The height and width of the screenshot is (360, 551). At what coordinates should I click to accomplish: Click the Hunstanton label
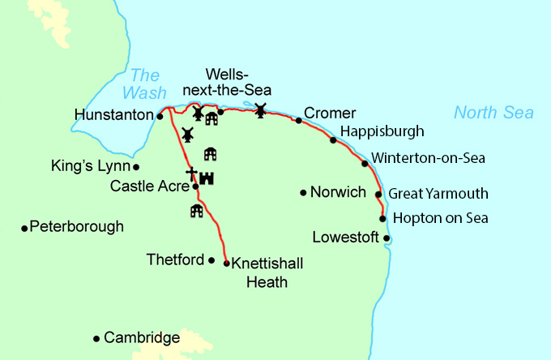click(113, 116)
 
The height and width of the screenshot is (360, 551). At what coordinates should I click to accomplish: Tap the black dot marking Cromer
click(299, 121)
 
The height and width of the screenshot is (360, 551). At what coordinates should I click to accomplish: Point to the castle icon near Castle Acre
click(206, 178)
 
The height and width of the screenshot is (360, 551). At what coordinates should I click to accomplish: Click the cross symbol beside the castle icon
click(191, 174)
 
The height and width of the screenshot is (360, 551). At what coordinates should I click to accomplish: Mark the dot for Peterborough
click(24, 228)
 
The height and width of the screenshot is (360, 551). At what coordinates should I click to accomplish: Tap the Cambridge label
click(142, 337)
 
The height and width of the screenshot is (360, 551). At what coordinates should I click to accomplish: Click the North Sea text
click(493, 113)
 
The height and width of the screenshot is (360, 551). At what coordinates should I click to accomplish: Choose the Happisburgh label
click(382, 131)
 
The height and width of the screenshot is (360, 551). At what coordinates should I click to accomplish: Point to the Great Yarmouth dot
click(378, 195)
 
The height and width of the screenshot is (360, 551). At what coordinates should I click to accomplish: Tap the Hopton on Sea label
click(440, 218)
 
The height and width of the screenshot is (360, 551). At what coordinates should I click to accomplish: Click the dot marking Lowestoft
click(387, 238)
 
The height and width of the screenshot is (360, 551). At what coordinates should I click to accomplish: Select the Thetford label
click(176, 260)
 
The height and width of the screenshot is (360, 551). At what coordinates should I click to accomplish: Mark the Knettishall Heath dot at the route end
click(226, 264)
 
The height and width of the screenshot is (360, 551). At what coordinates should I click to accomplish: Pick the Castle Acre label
click(149, 186)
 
